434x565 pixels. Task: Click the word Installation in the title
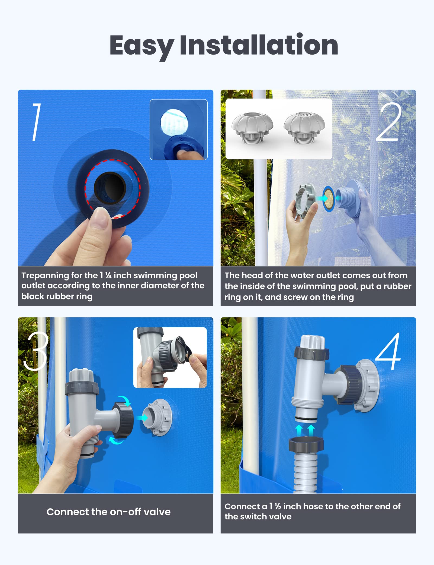click(x=259, y=45)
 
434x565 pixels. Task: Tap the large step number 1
click(x=36, y=122)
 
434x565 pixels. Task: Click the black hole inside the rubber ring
click(x=110, y=188)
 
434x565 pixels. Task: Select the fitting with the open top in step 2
click(x=252, y=128)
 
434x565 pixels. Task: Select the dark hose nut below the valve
click(x=306, y=445)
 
